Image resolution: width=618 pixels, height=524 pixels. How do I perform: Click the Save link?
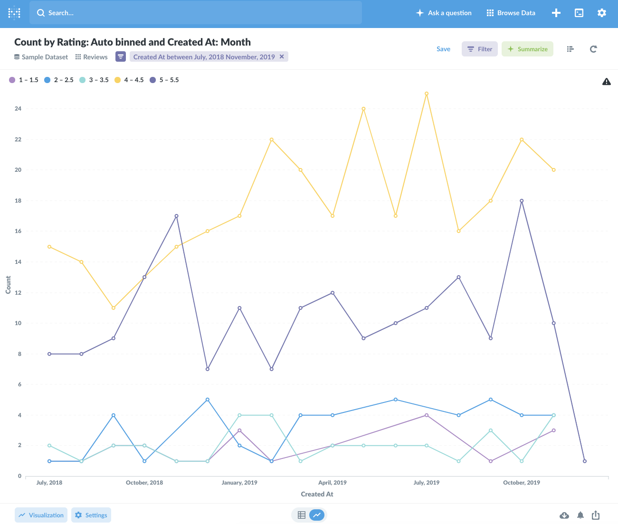click(443, 49)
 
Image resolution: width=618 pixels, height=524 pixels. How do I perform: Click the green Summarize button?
click(527, 49)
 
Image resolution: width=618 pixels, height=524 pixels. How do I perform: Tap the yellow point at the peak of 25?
click(427, 94)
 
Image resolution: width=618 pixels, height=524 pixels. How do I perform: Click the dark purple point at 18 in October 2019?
click(522, 201)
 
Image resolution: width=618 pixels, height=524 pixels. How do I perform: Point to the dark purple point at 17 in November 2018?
click(176, 216)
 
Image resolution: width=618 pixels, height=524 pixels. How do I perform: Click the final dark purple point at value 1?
click(585, 461)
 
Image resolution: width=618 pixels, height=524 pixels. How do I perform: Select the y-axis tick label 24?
click(18, 109)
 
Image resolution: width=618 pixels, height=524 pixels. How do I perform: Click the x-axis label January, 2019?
click(239, 483)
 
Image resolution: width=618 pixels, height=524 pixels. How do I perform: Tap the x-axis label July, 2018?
click(49, 483)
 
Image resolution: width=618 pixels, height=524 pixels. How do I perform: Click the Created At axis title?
click(317, 494)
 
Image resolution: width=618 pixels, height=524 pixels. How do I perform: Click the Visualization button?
click(41, 515)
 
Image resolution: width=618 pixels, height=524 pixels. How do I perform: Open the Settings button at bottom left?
click(91, 515)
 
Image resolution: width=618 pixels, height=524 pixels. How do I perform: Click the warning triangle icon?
click(607, 82)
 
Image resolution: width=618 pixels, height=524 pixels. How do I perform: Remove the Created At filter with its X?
click(282, 56)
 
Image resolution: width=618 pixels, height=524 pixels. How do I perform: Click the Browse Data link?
click(511, 13)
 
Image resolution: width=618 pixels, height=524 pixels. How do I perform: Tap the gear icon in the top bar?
click(602, 13)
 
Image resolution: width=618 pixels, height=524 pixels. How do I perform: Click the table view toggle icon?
click(302, 515)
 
